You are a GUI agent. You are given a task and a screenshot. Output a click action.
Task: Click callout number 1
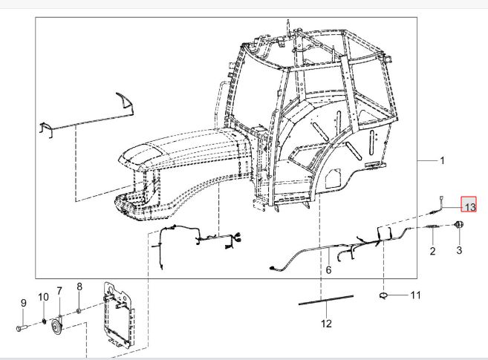pyautogui.click(x=442, y=161)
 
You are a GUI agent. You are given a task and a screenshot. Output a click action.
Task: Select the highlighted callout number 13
pyautogui.click(x=469, y=204)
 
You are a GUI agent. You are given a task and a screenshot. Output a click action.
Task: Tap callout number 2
pyautogui.click(x=432, y=251)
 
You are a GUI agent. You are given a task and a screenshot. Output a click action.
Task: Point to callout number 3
pyautogui.click(x=459, y=250)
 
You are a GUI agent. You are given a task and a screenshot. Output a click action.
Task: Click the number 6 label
pyautogui.click(x=328, y=270)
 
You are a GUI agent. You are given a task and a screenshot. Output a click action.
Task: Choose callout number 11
pyautogui.click(x=416, y=295)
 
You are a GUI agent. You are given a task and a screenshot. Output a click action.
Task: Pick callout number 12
pyautogui.click(x=326, y=324)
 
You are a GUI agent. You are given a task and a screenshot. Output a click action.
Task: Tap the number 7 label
pyautogui.click(x=59, y=291)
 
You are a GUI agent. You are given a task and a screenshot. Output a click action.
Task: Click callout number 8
pyautogui.click(x=79, y=287)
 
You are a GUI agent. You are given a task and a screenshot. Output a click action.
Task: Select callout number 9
pyautogui.click(x=24, y=303)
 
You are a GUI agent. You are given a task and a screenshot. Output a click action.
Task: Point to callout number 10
pyautogui.click(x=44, y=297)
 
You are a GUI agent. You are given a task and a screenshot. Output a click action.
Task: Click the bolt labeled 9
pyautogui.click(x=22, y=327)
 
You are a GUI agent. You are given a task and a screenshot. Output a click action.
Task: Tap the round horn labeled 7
pyautogui.click(x=56, y=325)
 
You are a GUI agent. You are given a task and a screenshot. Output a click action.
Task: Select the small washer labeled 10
pyautogui.click(x=44, y=321)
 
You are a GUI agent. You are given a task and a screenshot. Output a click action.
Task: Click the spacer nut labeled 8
pyautogui.click(x=79, y=310)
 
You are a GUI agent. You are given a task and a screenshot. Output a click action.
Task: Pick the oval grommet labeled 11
pyautogui.click(x=383, y=295)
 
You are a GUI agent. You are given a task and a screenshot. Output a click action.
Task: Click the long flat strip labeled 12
pyautogui.click(x=326, y=299)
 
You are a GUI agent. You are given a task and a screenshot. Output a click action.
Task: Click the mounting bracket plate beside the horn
pyautogui.click(x=119, y=315)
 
